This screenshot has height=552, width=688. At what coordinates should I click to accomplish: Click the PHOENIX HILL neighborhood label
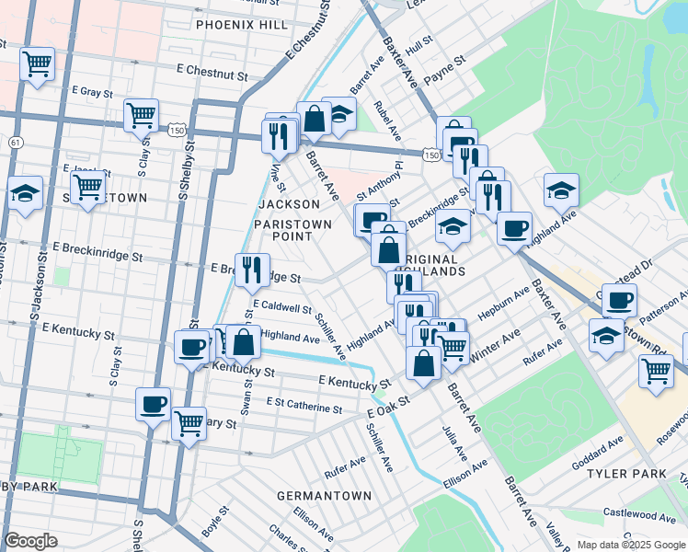242,25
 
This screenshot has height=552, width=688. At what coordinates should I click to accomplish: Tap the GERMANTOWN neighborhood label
325,496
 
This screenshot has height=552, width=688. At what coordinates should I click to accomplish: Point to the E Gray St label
91,93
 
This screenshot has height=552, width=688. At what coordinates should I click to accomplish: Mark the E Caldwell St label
281,306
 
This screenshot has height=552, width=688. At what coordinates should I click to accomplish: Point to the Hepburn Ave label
503,303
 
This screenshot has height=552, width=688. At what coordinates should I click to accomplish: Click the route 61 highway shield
16,143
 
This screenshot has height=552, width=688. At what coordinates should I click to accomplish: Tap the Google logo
30,541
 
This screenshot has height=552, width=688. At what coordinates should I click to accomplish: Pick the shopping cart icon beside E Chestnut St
37,64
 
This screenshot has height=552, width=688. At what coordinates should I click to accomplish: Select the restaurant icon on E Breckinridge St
251,269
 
